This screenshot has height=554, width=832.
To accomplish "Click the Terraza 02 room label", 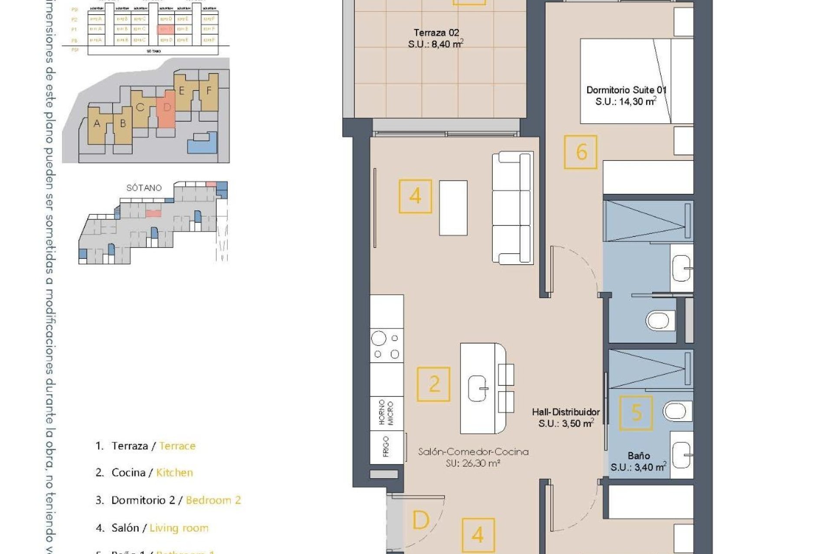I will [x=436, y=38].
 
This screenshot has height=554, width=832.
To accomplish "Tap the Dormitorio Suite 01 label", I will [x=626, y=96].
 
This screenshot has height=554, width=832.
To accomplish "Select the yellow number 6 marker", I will [x=581, y=152].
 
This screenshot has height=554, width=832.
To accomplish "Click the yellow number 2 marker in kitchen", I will [x=433, y=384].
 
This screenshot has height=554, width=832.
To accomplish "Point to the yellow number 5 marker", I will [x=636, y=413].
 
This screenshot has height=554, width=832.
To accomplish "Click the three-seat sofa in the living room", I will [x=512, y=208].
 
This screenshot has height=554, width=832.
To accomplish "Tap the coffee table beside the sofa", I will [x=453, y=208].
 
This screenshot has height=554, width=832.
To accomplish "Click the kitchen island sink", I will [x=478, y=388].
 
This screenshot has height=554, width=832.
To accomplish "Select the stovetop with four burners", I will [x=387, y=345].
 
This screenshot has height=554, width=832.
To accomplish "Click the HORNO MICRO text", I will [x=386, y=413].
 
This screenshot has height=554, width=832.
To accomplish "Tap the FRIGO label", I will [x=386, y=447].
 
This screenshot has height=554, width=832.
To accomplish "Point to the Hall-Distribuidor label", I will [x=565, y=418].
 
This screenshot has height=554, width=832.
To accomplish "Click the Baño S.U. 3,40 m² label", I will [x=638, y=461].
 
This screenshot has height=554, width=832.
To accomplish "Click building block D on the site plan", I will [x=166, y=108].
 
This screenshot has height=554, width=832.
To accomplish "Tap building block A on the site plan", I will [x=97, y=124].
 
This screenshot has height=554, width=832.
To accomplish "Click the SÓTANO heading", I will [x=144, y=188].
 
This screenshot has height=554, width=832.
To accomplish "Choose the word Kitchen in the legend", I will [x=174, y=473].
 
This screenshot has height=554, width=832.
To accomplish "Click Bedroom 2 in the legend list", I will [x=213, y=500].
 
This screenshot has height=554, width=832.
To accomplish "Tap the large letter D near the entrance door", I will [x=420, y=520].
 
